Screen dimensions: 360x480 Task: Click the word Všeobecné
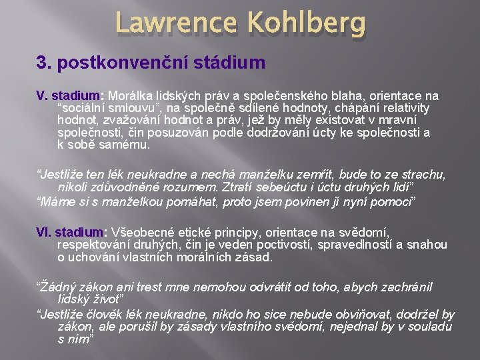143,233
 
